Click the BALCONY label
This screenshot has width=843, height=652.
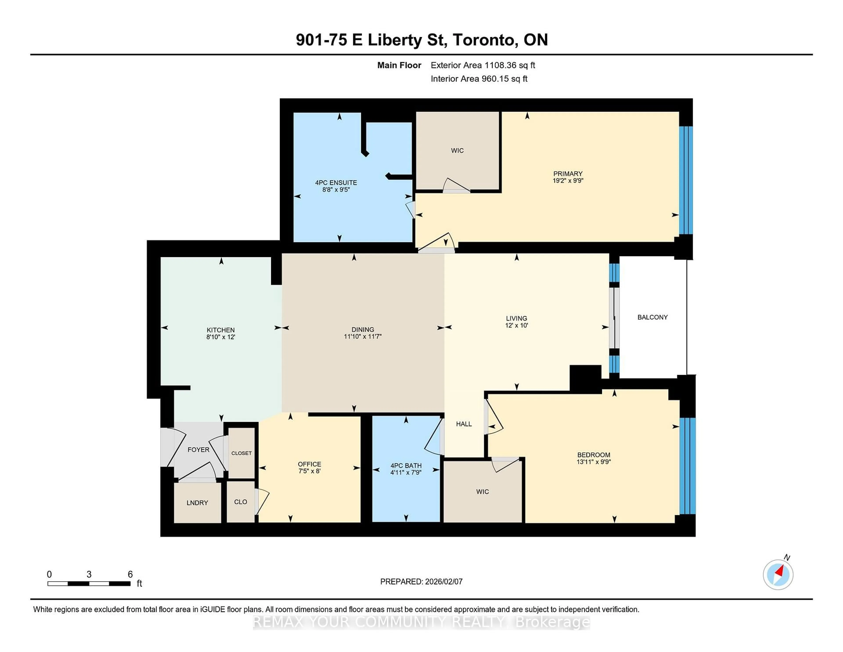click(x=652, y=317)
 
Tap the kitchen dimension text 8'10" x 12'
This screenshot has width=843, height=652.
click(x=220, y=337)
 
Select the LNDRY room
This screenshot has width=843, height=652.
click(x=197, y=503)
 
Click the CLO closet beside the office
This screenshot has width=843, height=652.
click(x=240, y=502)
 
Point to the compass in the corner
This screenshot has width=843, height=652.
click(x=778, y=575)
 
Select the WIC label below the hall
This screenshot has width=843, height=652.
click(x=483, y=491)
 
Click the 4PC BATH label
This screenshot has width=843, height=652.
click(x=406, y=465)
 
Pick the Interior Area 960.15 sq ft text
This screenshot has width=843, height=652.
click(x=479, y=79)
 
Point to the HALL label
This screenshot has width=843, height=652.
click(x=464, y=424)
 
